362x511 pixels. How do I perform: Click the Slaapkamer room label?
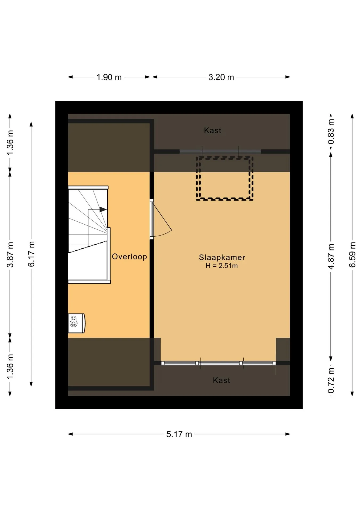point(222,257)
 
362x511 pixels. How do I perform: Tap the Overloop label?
point(129,257)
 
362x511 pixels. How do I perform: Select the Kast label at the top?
point(212,130)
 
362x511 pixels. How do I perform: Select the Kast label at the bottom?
point(221,380)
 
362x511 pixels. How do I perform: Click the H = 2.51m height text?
point(222,266)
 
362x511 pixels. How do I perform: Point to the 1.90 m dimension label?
point(109,77)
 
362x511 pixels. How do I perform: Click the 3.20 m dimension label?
point(221,77)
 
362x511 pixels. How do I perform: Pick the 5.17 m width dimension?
point(179,434)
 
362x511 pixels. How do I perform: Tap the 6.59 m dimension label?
point(352,255)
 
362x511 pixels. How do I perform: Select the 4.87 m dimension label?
point(331,256)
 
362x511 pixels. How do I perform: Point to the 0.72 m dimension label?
point(331,380)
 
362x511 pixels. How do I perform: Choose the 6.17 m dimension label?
point(31,254)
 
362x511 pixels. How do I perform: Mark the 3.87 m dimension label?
point(10,255)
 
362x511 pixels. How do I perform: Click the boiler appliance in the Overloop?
point(77,323)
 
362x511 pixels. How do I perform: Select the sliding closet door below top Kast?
point(220,152)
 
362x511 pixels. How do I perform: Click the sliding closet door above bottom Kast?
point(218,363)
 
